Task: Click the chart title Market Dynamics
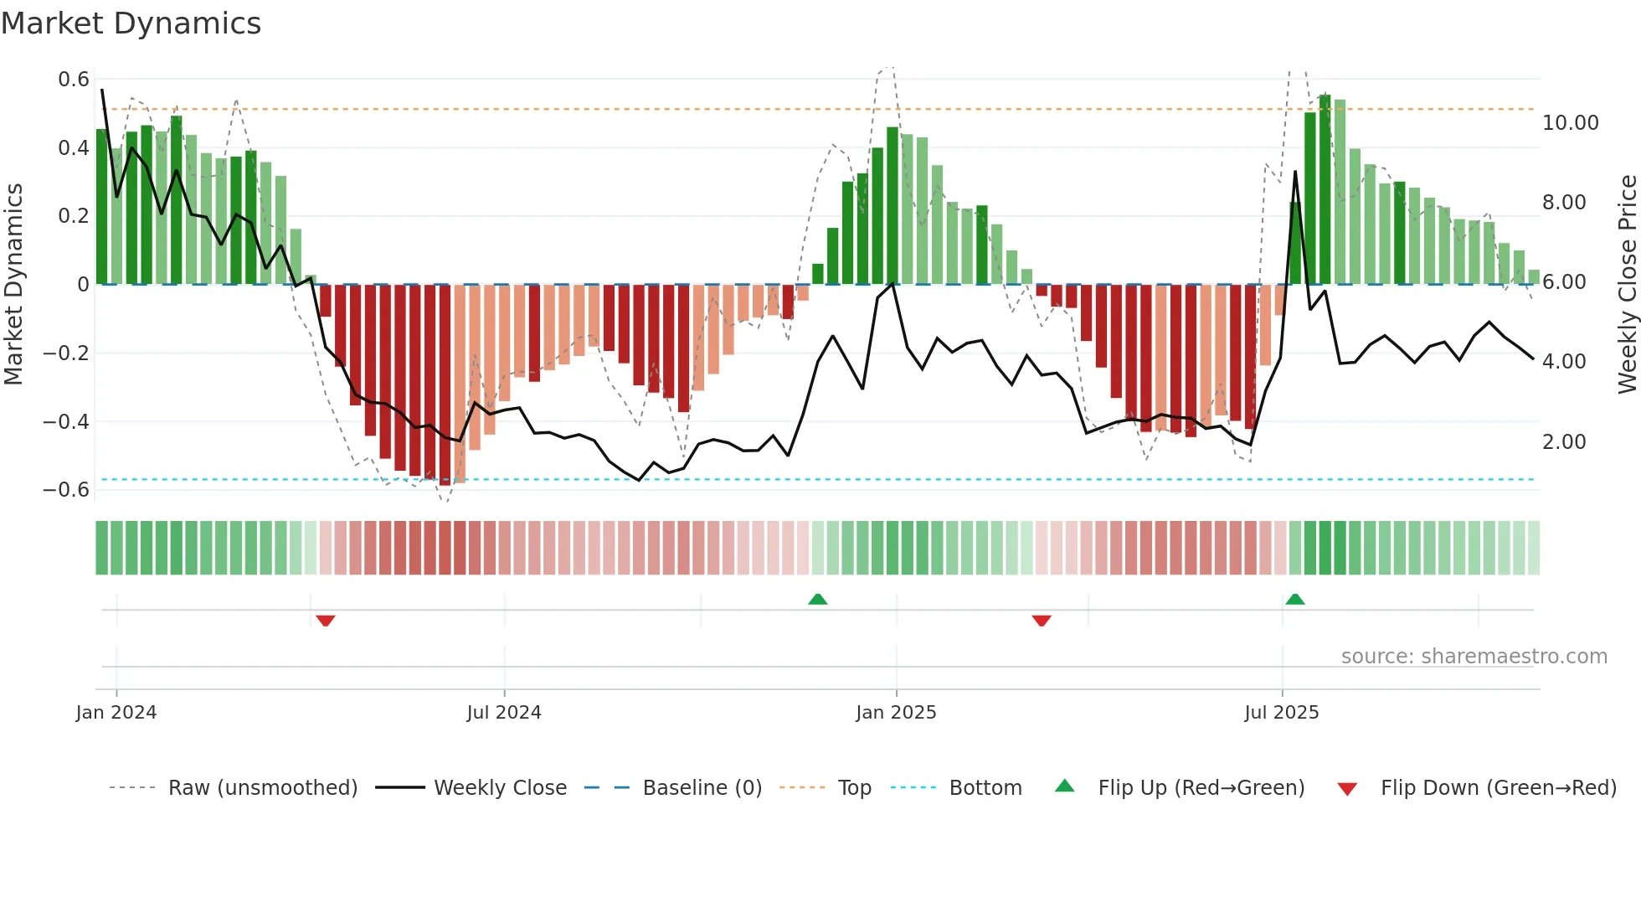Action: (x=131, y=23)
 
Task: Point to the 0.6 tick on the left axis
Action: (x=74, y=80)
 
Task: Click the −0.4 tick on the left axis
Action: (x=66, y=421)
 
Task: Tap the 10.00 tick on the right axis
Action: (x=1570, y=123)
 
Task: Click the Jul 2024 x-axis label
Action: (x=504, y=713)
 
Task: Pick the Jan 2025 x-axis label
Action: (x=896, y=713)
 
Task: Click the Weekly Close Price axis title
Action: (x=1627, y=284)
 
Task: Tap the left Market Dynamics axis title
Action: (x=13, y=284)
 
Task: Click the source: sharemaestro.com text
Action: (x=1474, y=657)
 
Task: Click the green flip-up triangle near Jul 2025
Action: (x=1295, y=600)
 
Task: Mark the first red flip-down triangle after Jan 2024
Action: (x=326, y=620)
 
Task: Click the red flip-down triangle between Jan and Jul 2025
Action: (x=1042, y=620)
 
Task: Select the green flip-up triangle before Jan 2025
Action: (x=818, y=600)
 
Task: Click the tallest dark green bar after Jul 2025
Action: (x=1325, y=189)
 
